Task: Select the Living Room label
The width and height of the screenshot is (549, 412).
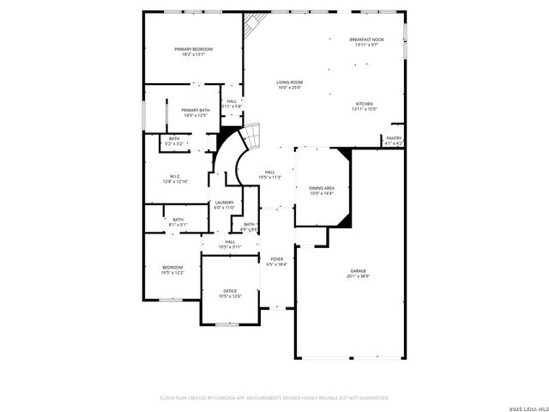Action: click(290, 84)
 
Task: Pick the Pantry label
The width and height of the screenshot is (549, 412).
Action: click(393, 140)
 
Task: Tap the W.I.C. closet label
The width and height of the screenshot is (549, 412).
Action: click(175, 179)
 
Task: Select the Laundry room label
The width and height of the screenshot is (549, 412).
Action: click(223, 204)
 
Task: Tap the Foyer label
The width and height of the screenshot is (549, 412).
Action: click(277, 261)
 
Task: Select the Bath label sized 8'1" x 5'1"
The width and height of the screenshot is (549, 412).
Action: click(178, 221)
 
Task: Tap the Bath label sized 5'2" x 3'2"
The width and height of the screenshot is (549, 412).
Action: click(174, 142)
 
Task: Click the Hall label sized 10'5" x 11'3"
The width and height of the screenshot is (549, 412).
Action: click(270, 174)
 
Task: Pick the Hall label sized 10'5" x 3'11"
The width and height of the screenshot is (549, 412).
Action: click(230, 244)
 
